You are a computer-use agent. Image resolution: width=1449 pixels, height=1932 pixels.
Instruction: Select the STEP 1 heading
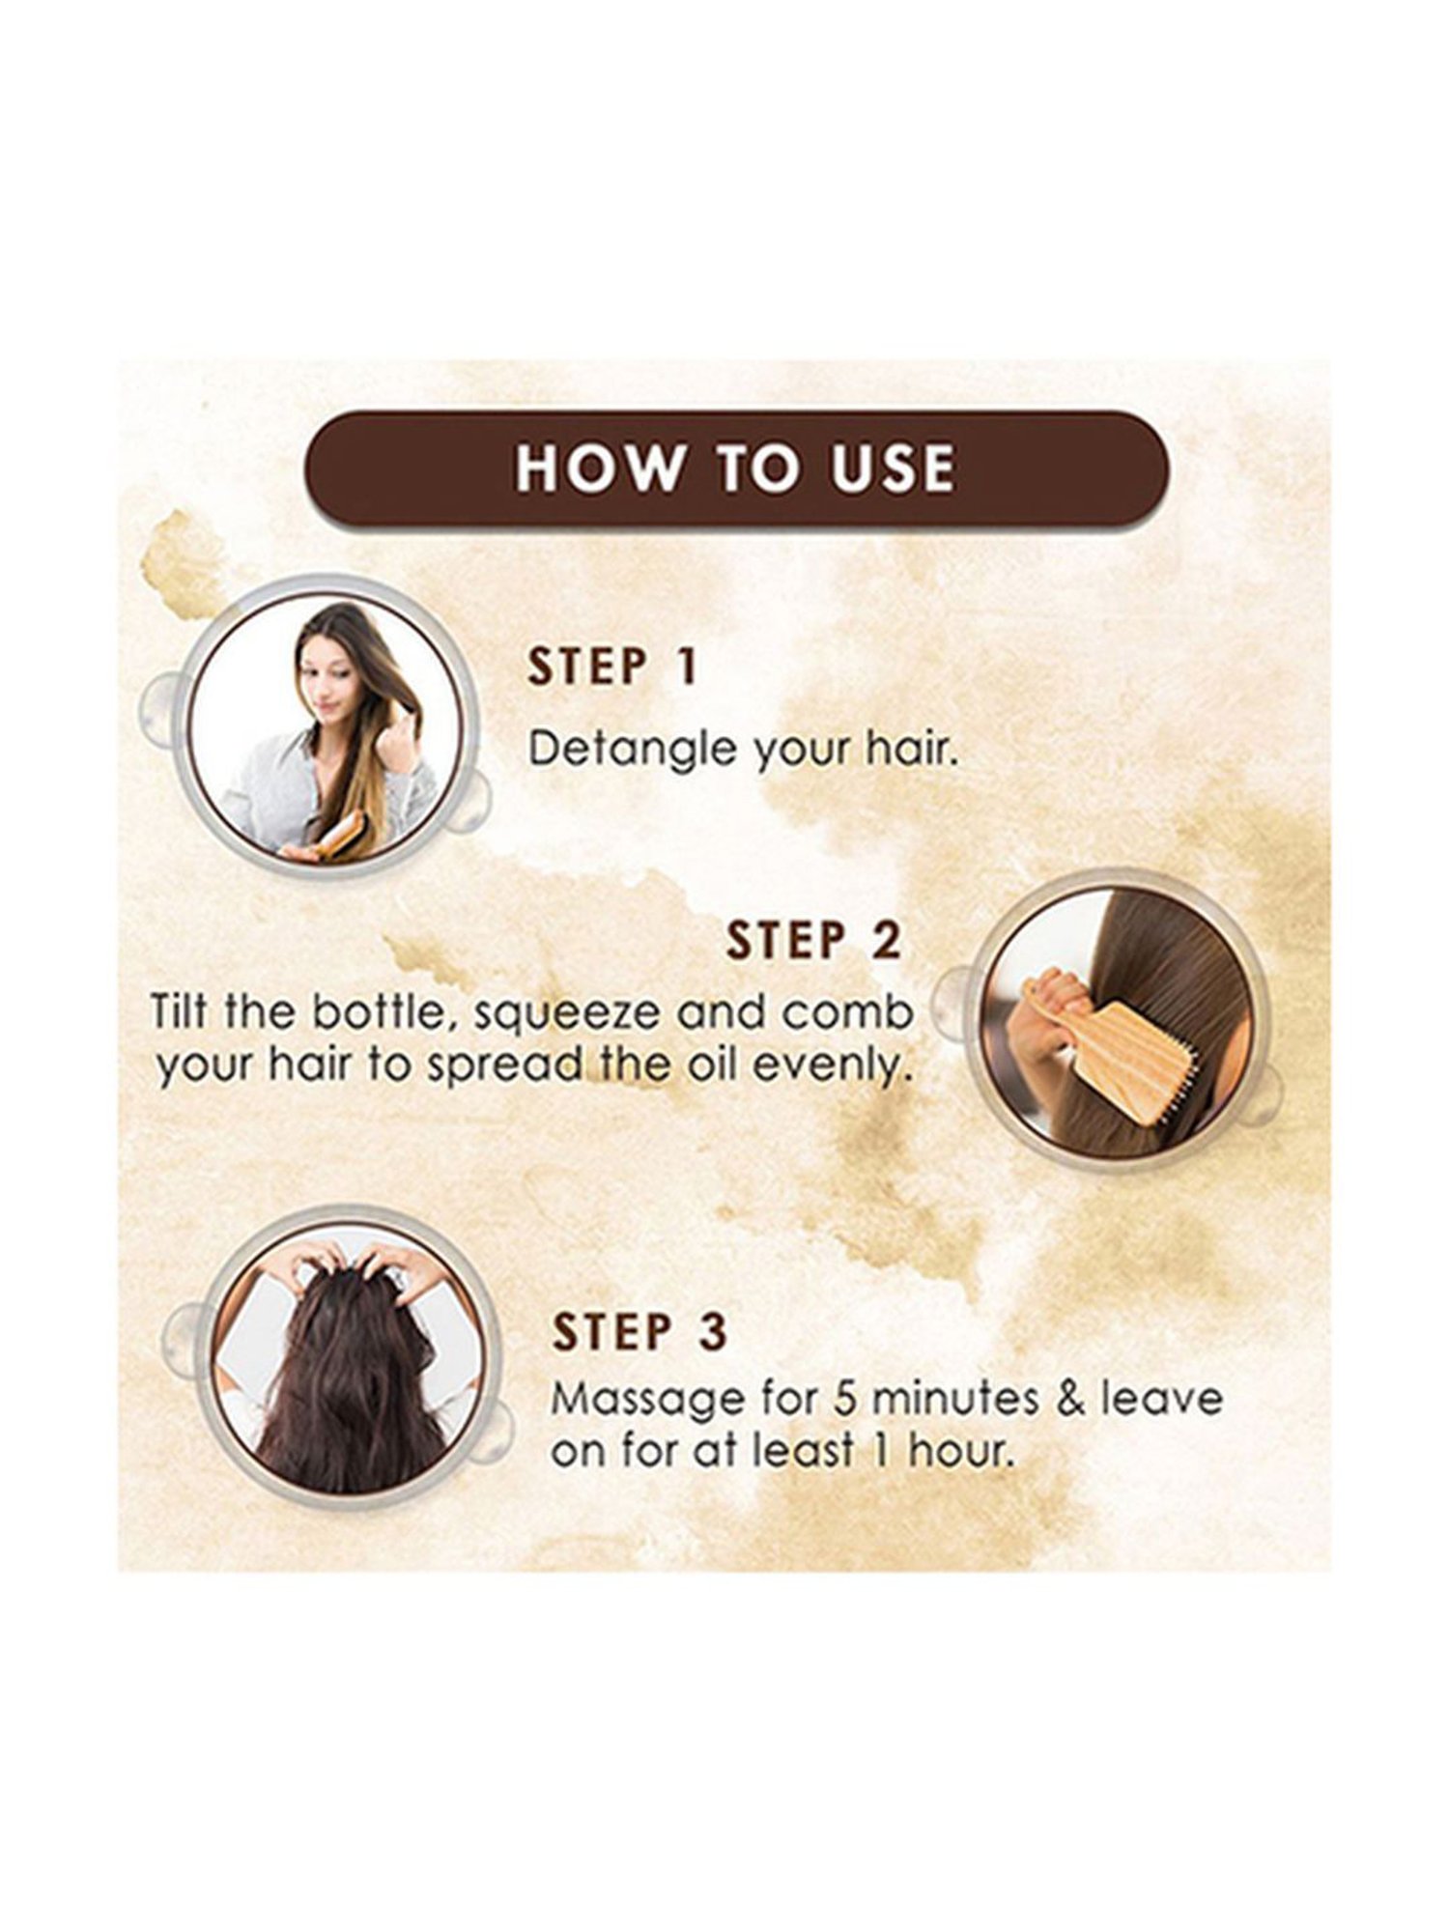tap(612, 668)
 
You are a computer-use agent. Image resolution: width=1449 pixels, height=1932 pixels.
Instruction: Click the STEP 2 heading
tap(813, 941)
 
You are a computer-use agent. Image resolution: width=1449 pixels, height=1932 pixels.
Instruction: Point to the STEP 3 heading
tap(639, 1332)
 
